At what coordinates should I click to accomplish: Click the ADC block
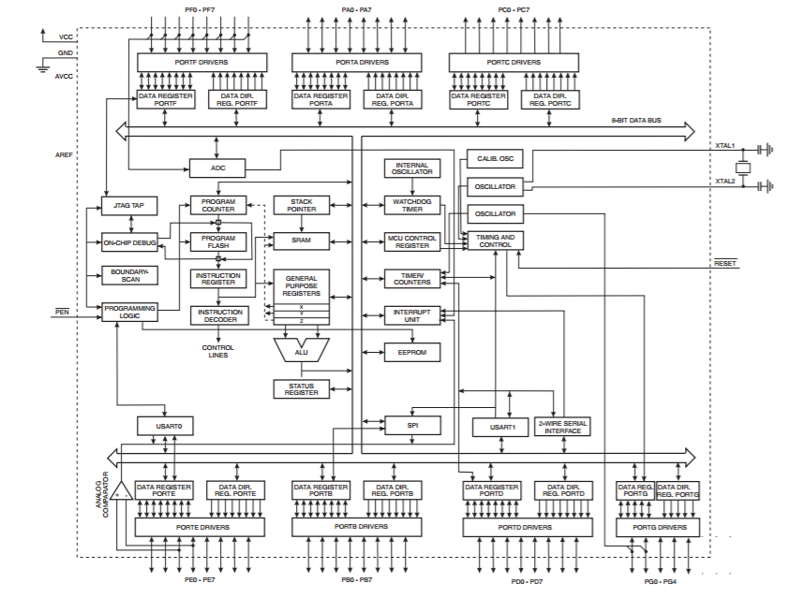[217, 168]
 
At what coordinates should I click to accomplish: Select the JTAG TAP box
[129, 206]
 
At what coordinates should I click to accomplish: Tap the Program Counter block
[218, 205]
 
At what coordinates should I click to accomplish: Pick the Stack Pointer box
[301, 205]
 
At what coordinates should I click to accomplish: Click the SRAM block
[301, 241]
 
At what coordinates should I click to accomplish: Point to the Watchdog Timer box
[412, 205]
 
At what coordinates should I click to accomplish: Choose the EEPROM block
[412, 353]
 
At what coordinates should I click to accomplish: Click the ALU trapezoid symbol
[301, 350]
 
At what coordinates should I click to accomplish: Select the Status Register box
[301, 389]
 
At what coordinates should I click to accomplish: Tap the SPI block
[413, 426]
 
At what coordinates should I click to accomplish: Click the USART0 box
[165, 426]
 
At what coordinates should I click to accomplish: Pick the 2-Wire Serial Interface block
[562, 427]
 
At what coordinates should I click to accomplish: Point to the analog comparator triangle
[122, 490]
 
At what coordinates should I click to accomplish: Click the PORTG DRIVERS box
[658, 528]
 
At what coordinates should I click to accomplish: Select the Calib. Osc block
[496, 158]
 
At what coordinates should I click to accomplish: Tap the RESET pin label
[725, 263]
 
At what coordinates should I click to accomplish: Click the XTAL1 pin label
[725, 146]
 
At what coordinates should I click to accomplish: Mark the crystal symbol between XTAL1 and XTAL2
[743, 168]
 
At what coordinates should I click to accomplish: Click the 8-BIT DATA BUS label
[636, 120]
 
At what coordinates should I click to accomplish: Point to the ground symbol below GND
[43, 67]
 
